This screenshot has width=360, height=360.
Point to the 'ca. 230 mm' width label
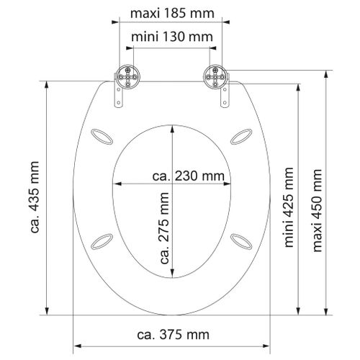point(188,176)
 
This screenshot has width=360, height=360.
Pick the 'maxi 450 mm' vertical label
point(317,206)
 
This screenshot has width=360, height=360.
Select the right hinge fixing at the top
point(214,76)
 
